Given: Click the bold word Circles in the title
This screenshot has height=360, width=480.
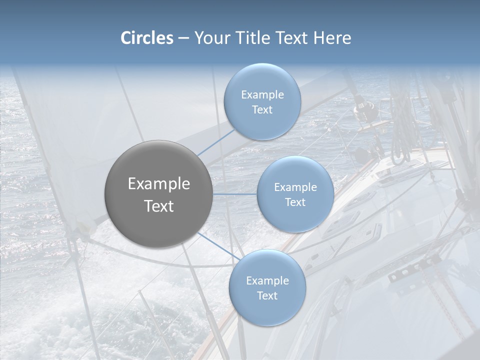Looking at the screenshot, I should point(147,38).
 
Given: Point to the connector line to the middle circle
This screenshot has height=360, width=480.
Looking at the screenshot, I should point(235,194).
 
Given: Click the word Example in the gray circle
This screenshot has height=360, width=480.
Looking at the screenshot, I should point(159,184).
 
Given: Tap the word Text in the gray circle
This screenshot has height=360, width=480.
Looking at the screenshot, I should point(159,206).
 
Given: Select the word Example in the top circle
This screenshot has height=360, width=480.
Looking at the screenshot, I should point(262,95).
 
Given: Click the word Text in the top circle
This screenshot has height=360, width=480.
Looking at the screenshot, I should point(262,110).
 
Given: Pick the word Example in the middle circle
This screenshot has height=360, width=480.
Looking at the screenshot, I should point(295,187).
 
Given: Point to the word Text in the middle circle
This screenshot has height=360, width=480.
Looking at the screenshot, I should point(295,202).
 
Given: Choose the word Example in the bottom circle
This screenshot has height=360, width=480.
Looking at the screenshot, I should point(267,281).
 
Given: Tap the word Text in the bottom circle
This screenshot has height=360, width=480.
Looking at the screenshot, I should point(267,295).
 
